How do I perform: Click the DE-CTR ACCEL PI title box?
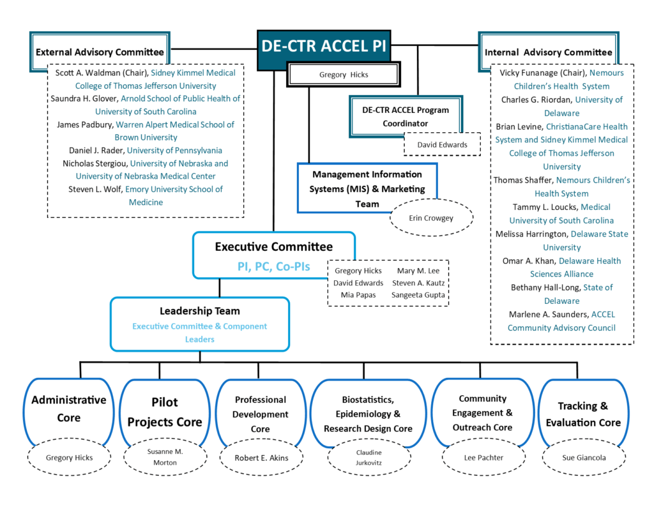click(324, 46)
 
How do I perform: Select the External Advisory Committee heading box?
click(100, 52)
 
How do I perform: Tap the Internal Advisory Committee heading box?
click(548, 52)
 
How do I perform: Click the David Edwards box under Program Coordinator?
click(442, 144)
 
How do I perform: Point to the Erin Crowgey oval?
click(432, 218)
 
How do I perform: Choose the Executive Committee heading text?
click(273, 247)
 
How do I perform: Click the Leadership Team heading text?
click(199, 311)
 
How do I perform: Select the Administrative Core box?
click(69, 409)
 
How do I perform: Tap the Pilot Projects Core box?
click(164, 412)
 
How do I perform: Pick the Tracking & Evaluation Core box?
click(580, 414)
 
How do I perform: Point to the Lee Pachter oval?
click(482, 458)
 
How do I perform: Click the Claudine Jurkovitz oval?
click(369, 458)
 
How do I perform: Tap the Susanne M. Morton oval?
click(165, 458)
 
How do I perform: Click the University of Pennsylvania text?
click(174, 150)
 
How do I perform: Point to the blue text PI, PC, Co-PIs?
click(273, 266)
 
